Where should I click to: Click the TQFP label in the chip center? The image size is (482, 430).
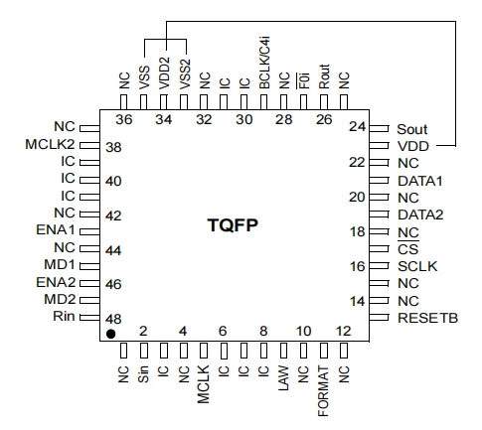[x=233, y=225]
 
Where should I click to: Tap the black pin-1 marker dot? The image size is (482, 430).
[x=110, y=334]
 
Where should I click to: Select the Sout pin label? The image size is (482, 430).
[x=412, y=129]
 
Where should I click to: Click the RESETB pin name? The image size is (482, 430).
[x=427, y=318]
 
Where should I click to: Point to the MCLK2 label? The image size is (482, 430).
[x=50, y=144]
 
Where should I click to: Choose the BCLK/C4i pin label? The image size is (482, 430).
[x=265, y=63]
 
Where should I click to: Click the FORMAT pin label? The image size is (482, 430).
[x=323, y=391]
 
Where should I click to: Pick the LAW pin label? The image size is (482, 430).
[x=283, y=378]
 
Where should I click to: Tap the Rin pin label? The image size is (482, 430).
[x=64, y=316]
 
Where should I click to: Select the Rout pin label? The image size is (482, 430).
[x=324, y=76]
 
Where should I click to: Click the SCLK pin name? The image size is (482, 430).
[x=417, y=266]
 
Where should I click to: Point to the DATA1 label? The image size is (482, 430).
[x=420, y=181]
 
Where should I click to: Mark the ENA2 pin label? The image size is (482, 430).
[x=56, y=282]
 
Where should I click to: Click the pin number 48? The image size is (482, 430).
[x=113, y=319]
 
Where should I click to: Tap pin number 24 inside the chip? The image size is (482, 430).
[x=357, y=126]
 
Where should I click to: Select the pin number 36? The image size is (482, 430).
[x=124, y=119]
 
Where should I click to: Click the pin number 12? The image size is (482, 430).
[x=343, y=331]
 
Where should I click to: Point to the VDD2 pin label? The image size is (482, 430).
[x=164, y=73]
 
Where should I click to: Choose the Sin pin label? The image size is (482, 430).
[x=143, y=374]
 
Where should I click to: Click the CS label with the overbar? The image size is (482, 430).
[x=408, y=249]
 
